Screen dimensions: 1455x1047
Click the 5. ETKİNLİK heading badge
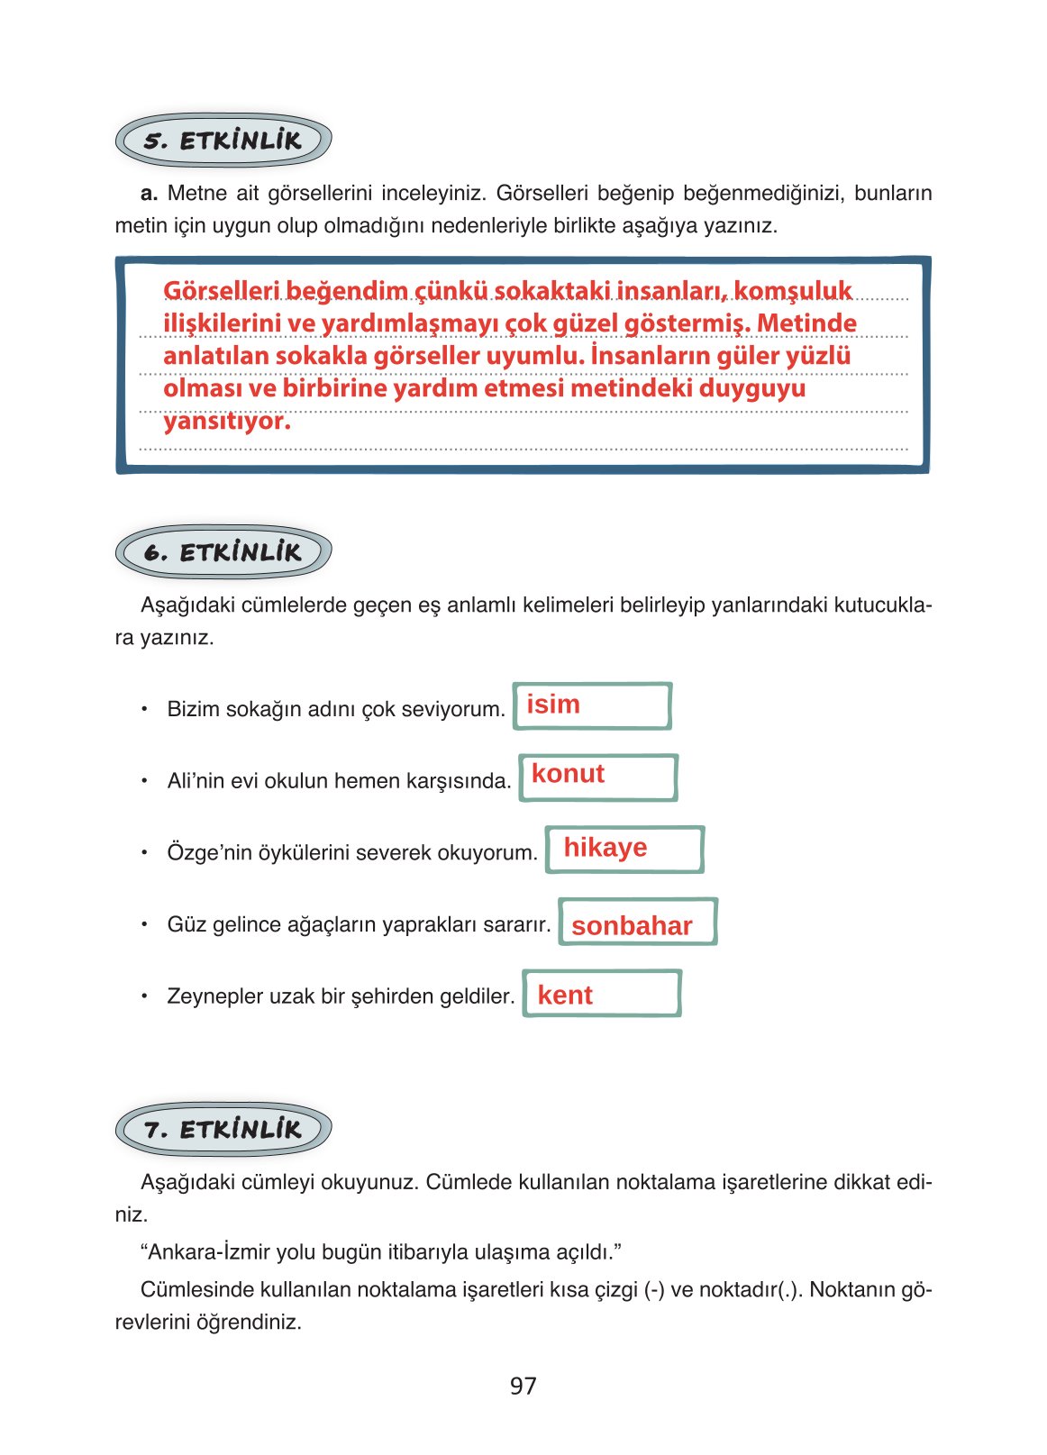point(223,141)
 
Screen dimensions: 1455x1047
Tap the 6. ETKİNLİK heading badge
point(223,552)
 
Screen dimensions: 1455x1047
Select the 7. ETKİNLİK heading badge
point(223,1129)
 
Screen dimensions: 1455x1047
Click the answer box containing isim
point(592,705)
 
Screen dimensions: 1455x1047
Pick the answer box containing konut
point(597,777)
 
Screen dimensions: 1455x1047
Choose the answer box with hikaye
point(624,849)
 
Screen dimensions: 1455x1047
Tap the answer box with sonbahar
point(637,922)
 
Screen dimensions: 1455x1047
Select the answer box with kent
point(601,994)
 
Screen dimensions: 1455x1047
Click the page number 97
point(523,1386)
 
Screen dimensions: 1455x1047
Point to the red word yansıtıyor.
point(226,421)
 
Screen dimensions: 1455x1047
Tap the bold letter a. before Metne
point(150,193)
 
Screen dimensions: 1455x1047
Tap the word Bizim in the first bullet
point(193,709)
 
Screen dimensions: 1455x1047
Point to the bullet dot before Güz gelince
point(143,923)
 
